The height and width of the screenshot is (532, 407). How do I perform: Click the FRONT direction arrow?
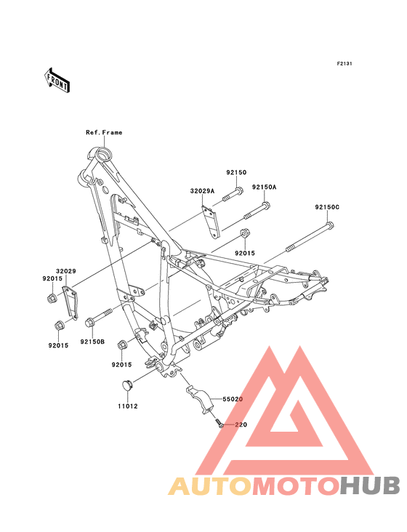pos(57,81)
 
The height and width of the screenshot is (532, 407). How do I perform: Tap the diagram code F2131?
pos(344,64)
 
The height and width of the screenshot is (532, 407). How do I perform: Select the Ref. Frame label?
pos(104,132)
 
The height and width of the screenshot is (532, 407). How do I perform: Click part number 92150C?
pos(327,207)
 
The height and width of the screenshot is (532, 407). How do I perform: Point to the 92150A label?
pos(265,188)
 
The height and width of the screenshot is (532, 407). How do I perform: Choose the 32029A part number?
pos(202,191)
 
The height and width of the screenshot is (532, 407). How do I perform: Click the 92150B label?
pos(92,342)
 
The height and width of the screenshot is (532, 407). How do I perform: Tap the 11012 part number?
pos(128,406)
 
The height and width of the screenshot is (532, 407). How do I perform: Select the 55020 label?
pos(233,399)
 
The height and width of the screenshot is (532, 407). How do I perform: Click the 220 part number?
pos(241,424)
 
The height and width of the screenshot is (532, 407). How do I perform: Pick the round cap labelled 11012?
pos(127,386)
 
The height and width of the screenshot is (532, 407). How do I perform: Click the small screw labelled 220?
pos(219,423)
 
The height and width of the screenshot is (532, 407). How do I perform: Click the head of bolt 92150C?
pos(330,225)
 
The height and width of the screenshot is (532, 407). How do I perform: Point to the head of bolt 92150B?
pos(90,322)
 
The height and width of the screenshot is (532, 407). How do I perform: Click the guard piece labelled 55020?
pos(200,399)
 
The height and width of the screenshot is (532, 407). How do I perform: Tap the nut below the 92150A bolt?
pos(245,234)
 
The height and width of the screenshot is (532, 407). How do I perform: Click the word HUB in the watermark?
pos(371,485)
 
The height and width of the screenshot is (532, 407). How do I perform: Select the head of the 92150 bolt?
pos(239,191)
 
